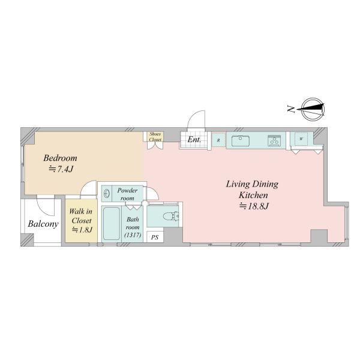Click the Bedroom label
tap(60, 158)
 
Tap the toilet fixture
tap(171, 216)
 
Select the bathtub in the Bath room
tap(112, 224)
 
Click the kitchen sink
tap(241, 141)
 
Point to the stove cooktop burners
tap(274, 140)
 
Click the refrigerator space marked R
tap(218, 140)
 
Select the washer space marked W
tap(301, 139)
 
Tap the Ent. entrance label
tap(194, 140)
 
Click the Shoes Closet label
tap(155, 137)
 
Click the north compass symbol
tap(313, 109)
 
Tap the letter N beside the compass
tap(291, 109)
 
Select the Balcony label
tap(43, 224)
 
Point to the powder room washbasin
tap(107, 194)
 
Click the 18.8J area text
tap(254, 206)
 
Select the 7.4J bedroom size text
tap(61, 169)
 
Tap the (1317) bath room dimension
tap(133, 235)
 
